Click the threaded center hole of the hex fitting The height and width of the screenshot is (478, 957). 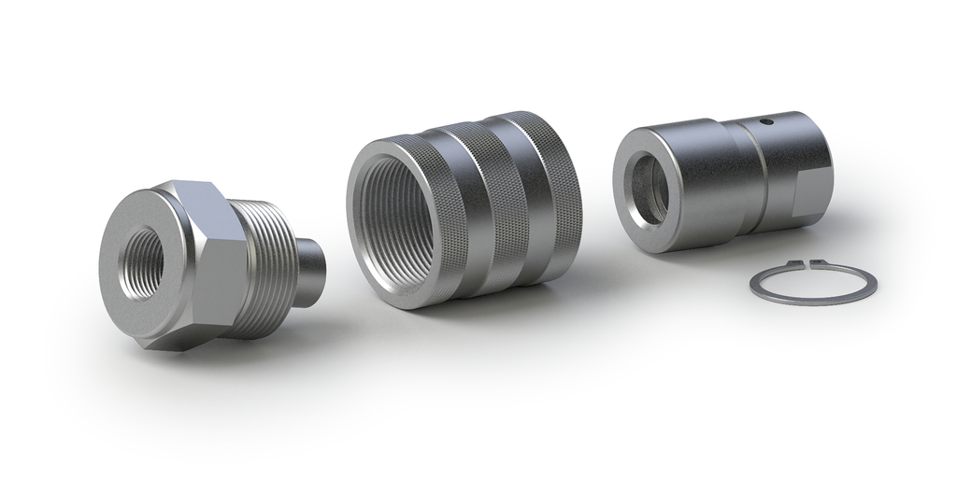pyautogui.click(x=143, y=255)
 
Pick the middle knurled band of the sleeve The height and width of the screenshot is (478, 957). pyautogui.click(x=500, y=201)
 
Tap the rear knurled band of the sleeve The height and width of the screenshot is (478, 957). pyautogui.click(x=551, y=187)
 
